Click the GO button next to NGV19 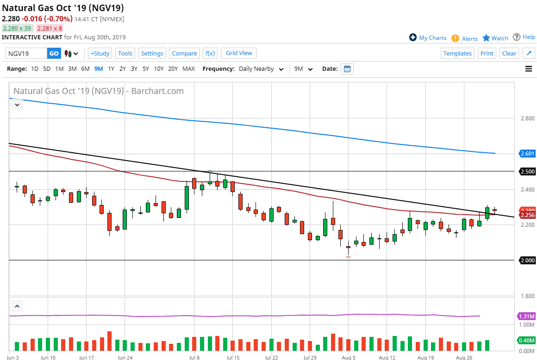[x=54, y=53]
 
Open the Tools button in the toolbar [x=125, y=53]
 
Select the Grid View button [x=239, y=53]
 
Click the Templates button [x=457, y=53]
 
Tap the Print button [x=487, y=53]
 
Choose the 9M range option [x=99, y=69]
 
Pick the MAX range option [x=188, y=69]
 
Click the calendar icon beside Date [x=347, y=69]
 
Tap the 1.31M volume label [x=526, y=317]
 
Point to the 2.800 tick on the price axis [x=527, y=119]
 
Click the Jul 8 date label [x=194, y=358]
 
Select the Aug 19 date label [x=425, y=358]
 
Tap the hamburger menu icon [x=528, y=69]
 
